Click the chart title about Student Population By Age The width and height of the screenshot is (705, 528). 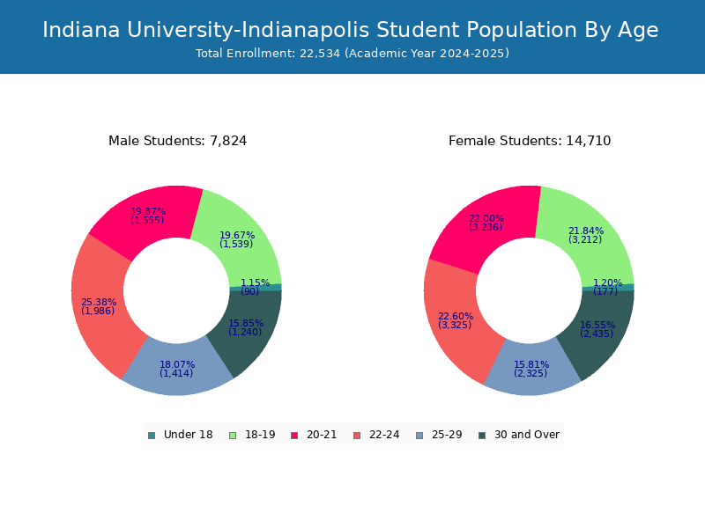[351, 30]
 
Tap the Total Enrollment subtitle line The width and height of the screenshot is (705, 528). [352, 54]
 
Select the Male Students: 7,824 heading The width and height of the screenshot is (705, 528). [177, 141]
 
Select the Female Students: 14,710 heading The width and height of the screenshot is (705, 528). [529, 141]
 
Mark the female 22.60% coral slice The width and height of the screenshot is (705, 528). [454, 321]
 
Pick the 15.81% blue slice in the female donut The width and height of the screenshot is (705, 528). [531, 370]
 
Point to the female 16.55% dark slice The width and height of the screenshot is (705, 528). [600, 330]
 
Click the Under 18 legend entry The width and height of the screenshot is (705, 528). [181, 435]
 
